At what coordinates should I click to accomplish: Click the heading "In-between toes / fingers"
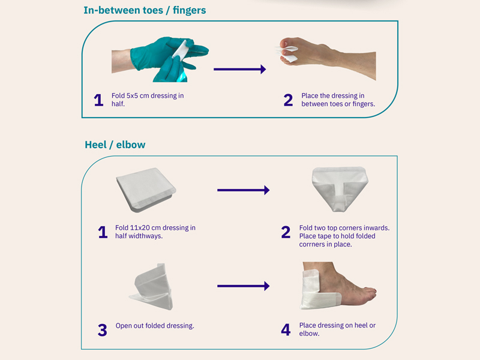145,10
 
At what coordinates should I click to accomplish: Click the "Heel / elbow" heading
115,145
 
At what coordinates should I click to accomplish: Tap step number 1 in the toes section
98,100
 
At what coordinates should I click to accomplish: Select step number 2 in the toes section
288,100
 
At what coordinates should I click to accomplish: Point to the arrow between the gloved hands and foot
239,69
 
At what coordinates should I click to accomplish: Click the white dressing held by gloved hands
181,50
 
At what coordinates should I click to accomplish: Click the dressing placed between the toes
287,53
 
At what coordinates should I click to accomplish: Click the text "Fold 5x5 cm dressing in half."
148,100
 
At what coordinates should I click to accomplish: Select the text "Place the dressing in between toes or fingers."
338,100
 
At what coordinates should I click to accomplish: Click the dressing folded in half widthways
146,190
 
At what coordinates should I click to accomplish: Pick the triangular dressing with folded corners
340,189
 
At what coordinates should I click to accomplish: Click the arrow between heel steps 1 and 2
244,190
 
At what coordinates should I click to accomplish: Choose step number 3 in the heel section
103,330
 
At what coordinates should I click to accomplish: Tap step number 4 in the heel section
286,329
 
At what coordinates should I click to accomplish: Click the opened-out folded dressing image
151,286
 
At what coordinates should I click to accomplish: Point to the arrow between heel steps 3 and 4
244,286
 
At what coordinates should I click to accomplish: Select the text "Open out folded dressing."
155,326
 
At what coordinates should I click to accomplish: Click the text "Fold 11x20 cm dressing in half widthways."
155,232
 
